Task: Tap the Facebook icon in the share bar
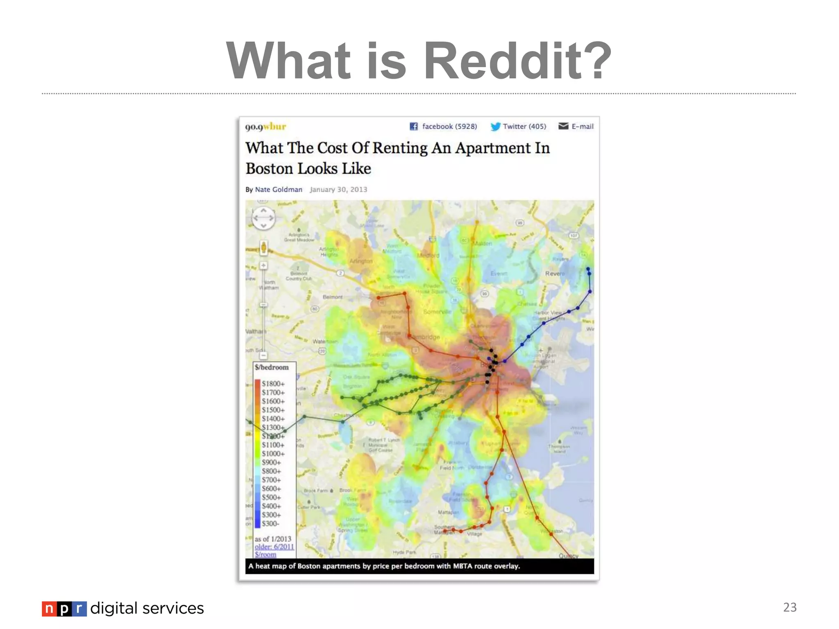414,127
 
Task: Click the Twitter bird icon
495,127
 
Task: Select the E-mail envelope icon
563,126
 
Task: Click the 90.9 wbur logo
265,127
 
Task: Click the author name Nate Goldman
279,190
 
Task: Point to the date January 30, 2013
338,190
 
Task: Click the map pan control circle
263,218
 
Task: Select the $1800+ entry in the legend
273,384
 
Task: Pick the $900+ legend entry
271,462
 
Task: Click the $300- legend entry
270,524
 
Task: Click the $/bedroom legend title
272,367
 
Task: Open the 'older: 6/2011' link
274,547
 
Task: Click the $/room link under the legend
265,554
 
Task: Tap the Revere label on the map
555,274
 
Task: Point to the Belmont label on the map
332,297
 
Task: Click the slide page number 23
789,607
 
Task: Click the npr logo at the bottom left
64,609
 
